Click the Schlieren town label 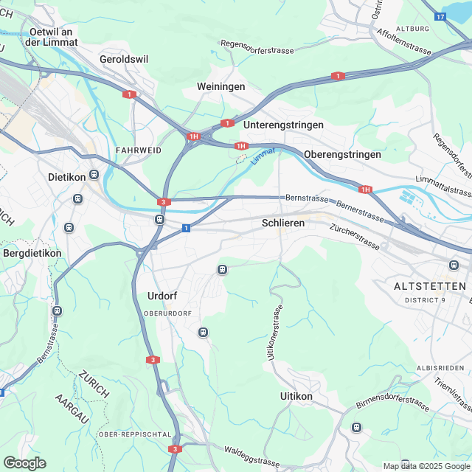point(283,223)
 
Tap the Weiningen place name point(221,87)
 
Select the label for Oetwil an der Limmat point(51,37)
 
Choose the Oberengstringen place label point(342,154)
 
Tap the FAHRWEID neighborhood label point(139,150)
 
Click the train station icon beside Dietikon point(94,176)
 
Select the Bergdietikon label point(32,253)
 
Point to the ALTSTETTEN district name point(430,285)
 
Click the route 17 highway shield point(440,16)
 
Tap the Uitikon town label point(296,396)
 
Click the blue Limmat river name point(262,155)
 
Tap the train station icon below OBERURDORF point(203,333)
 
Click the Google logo point(24,462)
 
